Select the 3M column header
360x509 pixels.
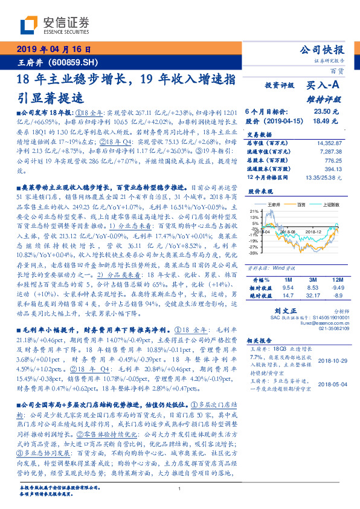point(312,280)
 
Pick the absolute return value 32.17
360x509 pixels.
point(313,295)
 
